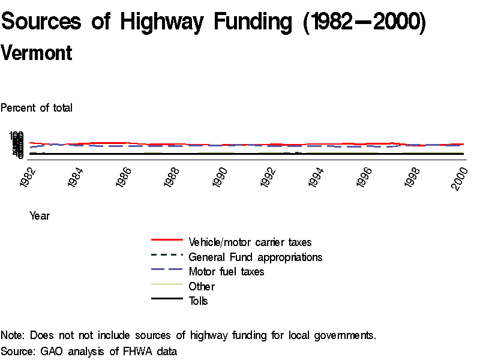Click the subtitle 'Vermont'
[37, 53]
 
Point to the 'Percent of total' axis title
[37, 108]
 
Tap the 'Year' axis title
[40, 216]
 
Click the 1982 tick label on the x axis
[28, 178]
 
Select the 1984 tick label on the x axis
[76, 178]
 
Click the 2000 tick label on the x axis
[460, 178]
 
